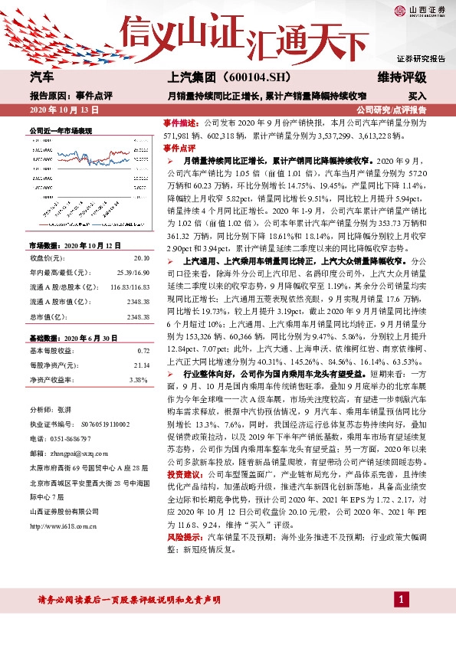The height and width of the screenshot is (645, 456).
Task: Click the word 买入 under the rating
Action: [417, 97]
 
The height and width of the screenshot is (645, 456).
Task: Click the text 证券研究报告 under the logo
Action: [421, 58]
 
